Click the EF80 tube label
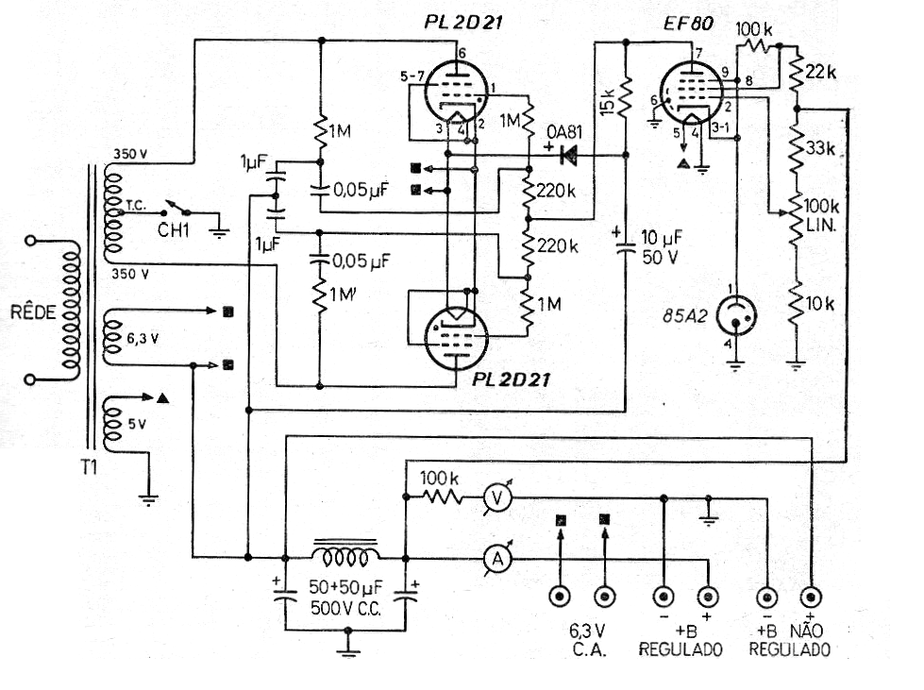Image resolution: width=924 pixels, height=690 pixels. (x=688, y=24)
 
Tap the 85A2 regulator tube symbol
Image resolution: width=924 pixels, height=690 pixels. (x=735, y=315)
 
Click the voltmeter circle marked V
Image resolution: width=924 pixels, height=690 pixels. (x=497, y=498)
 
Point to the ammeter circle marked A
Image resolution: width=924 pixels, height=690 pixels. (x=497, y=559)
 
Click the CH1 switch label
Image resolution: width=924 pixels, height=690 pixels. (x=174, y=229)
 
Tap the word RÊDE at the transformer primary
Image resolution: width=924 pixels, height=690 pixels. (x=34, y=311)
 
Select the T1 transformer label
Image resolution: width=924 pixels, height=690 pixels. (x=89, y=467)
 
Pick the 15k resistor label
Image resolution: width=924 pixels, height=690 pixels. (x=607, y=102)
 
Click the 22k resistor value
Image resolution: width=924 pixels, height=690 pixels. (x=821, y=72)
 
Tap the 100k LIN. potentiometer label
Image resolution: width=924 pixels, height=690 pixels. (x=821, y=215)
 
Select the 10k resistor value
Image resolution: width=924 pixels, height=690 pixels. (x=820, y=303)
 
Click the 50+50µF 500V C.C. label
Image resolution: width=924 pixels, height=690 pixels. (x=346, y=597)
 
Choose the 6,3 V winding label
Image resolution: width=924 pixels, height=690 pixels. (x=143, y=338)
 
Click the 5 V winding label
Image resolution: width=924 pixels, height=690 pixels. (x=137, y=424)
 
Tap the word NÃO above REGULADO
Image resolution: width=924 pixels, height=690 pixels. (x=806, y=631)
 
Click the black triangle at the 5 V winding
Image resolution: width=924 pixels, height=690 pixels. (x=163, y=398)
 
